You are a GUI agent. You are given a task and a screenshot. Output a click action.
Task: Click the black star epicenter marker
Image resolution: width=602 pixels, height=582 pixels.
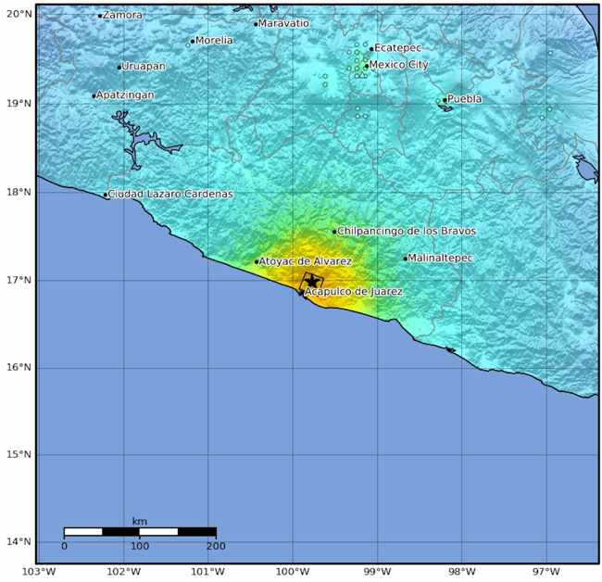point(312,281)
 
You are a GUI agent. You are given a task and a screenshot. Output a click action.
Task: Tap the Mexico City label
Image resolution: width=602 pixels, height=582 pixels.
point(400,65)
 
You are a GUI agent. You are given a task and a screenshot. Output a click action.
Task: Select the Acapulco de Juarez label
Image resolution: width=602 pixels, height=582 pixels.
point(354,291)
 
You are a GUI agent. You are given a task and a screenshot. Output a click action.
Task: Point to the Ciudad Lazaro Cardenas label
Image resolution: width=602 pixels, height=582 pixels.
point(170,194)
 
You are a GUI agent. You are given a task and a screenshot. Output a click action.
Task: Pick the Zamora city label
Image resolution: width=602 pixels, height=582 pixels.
point(122,15)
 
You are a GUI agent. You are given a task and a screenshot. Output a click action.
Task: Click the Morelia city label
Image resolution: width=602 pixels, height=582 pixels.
point(214,40)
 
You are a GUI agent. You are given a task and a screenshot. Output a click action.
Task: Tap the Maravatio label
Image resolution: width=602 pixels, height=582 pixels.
point(285,23)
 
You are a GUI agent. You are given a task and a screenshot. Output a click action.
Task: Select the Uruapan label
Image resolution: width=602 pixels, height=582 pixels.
point(144,66)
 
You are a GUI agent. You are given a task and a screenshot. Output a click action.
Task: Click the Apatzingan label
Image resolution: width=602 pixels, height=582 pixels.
point(125,95)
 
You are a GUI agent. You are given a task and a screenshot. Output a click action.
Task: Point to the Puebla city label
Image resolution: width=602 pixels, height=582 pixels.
point(465,98)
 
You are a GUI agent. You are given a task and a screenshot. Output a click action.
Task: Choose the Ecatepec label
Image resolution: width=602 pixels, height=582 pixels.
point(398,47)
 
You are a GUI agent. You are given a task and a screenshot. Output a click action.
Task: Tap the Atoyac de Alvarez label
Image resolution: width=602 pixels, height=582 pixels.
point(306,261)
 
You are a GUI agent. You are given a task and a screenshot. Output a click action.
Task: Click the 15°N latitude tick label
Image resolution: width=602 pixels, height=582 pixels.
point(18,454)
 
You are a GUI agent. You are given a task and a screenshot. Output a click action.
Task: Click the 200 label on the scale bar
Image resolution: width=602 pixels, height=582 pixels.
point(216,546)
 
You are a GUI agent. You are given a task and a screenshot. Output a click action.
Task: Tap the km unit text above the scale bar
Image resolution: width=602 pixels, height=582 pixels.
point(140,521)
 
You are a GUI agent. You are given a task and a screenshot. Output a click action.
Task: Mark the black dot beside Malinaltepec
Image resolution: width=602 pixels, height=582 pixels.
point(406,259)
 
